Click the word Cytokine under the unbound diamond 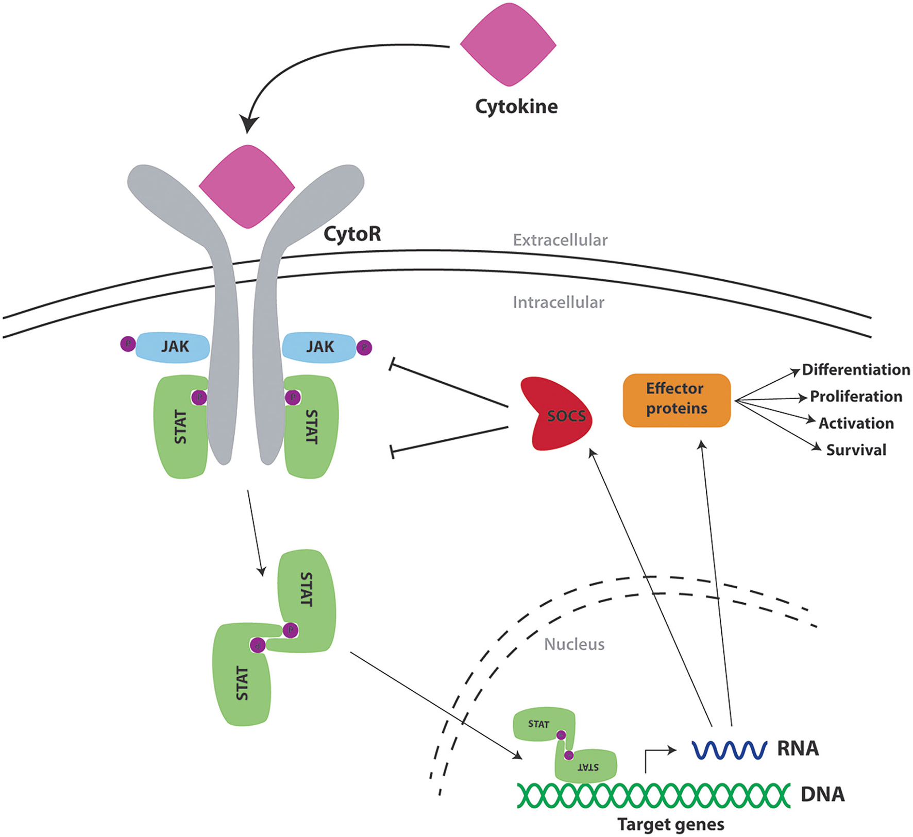click(516, 107)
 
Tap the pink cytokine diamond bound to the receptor click(247, 186)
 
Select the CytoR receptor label click(352, 234)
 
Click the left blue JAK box click(173, 347)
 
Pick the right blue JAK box click(319, 347)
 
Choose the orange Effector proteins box click(677, 400)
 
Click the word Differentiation click(856, 370)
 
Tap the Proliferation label click(856, 397)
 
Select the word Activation click(856, 423)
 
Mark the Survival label click(856, 450)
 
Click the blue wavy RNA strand click(729, 749)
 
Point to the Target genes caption click(671, 825)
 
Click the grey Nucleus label click(574, 644)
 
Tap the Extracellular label click(560, 240)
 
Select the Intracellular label click(558, 302)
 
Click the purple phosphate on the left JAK click(128, 344)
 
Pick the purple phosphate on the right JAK click(364, 348)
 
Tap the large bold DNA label click(822, 794)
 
